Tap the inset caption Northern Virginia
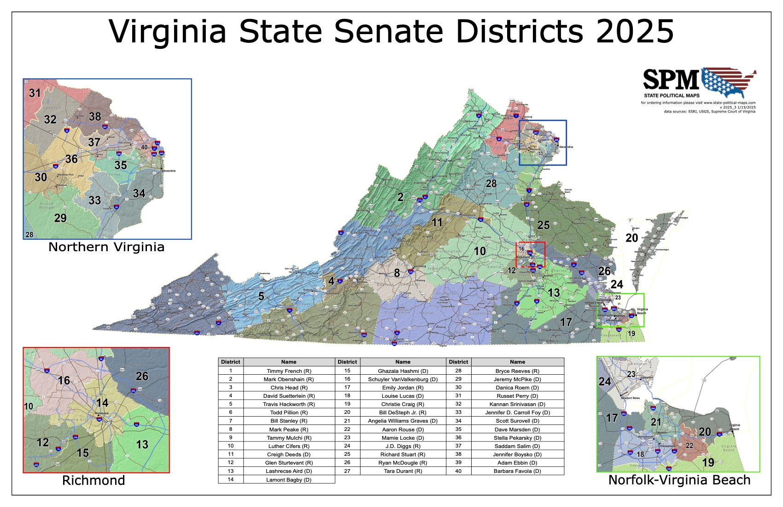coord(106,247)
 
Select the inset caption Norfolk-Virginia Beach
coord(679,480)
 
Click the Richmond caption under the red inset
coord(93,480)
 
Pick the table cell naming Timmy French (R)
coord(289,371)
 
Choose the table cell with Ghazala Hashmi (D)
coord(403,371)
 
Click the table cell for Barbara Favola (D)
coord(517,471)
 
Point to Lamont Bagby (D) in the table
coord(289,479)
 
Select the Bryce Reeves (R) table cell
coord(517,371)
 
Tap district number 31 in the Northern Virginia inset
coord(35,93)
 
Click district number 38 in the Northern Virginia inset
coord(95,117)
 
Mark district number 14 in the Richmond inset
coord(102,402)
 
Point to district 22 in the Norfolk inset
coord(690,446)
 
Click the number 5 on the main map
coord(261,296)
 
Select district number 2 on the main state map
coord(400,197)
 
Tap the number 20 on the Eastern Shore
coord(631,238)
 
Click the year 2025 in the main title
coord(635,31)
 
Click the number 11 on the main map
coord(437,223)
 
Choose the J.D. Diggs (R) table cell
coord(403,446)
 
